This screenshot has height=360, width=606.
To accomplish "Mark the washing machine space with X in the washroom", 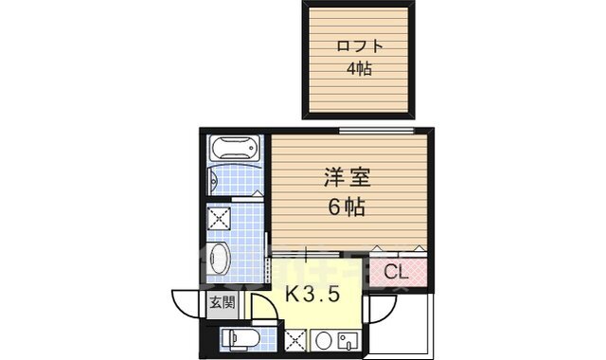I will [x=220, y=219].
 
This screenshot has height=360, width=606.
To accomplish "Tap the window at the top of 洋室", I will [x=376, y=130].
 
